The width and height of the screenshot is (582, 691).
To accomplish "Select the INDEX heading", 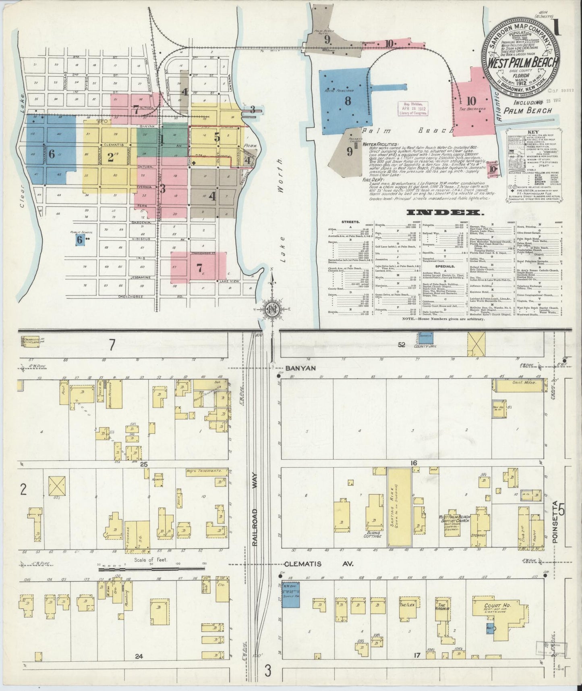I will (x=445, y=212).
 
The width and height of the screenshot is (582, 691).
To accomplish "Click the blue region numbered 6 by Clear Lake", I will (x=50, y=149).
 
